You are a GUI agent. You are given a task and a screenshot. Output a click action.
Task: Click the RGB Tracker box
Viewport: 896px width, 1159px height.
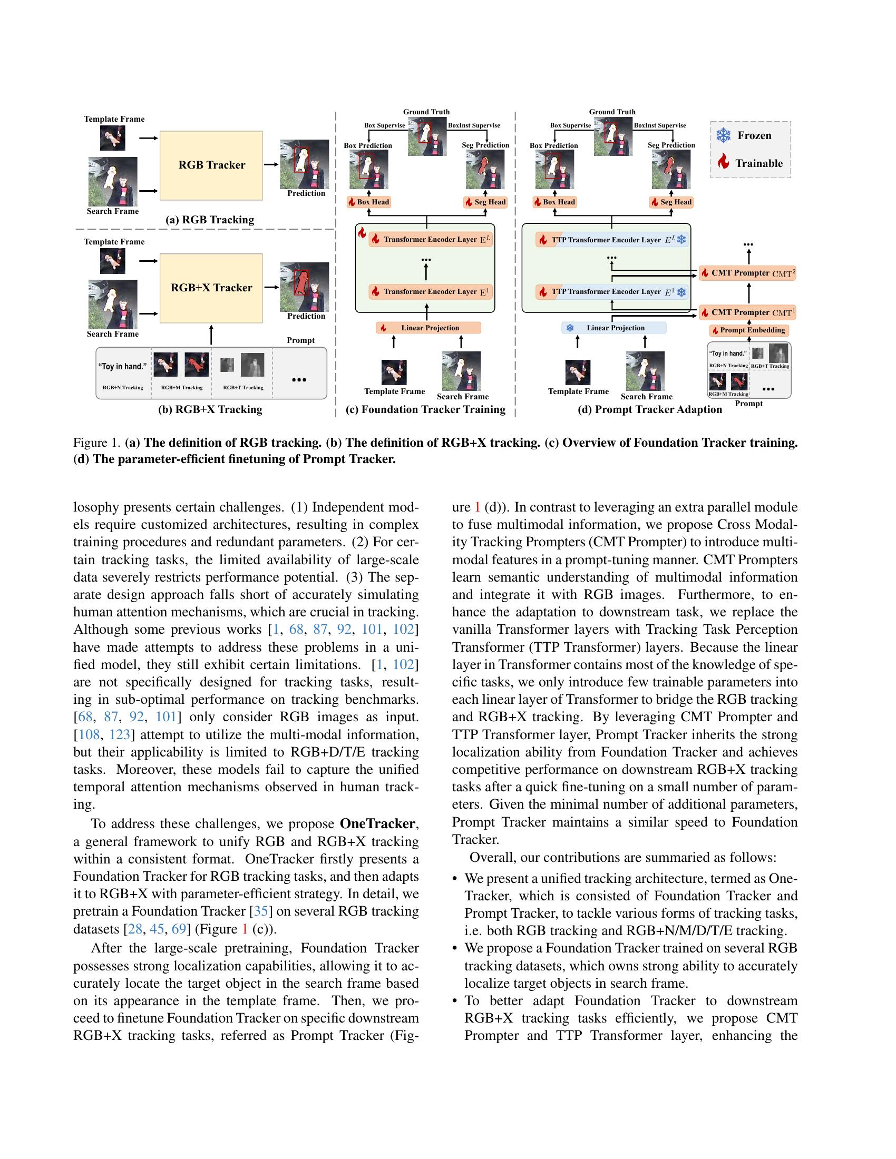211,165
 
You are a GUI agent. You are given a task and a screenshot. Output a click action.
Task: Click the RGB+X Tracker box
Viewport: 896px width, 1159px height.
211,288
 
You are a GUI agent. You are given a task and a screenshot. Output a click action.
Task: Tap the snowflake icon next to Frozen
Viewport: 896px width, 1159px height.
723,135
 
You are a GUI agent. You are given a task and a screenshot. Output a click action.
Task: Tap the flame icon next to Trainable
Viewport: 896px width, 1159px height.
723,162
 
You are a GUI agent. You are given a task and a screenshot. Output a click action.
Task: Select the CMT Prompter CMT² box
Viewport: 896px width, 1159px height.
747,273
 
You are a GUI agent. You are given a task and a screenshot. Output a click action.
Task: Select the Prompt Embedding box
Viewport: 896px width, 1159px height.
749,330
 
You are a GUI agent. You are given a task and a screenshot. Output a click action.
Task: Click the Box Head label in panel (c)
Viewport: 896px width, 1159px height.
368,202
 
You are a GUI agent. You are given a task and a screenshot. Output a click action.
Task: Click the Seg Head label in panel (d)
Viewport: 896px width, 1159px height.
671,202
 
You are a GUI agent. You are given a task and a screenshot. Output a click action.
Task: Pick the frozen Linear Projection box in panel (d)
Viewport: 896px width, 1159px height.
613,328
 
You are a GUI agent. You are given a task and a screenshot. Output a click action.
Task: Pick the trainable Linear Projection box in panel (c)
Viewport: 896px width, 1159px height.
428,328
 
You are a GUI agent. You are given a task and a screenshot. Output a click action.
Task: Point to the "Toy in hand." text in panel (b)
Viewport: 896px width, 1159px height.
123,367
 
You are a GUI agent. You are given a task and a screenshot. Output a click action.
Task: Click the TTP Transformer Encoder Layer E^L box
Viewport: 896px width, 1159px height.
611,240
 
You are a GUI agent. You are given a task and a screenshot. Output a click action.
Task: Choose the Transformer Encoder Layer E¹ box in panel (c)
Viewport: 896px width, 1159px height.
430,291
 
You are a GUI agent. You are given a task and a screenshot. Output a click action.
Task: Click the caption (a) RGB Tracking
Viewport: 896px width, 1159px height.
210,220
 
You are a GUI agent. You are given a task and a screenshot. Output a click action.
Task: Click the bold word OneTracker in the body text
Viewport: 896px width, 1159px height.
378,823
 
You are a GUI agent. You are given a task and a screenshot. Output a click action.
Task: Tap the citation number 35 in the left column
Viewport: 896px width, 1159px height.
260,911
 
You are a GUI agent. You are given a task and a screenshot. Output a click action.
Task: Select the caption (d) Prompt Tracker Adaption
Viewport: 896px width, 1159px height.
650,409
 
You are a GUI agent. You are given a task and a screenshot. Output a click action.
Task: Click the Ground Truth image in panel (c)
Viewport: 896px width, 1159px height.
427,136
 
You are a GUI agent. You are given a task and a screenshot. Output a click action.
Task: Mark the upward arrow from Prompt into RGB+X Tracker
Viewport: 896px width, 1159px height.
211,336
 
